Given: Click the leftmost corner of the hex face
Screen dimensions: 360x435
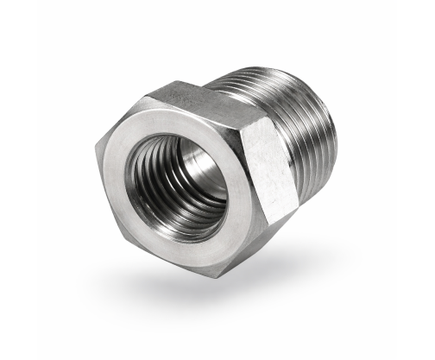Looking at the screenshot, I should [x=97, y=156].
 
